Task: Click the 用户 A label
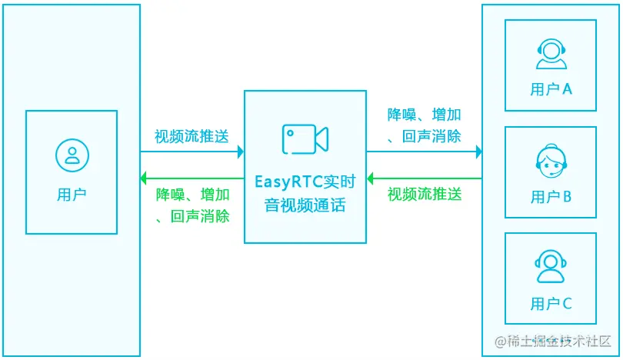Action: [x=551, y=89]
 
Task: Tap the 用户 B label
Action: [x=551, y=197]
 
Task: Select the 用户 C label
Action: [x=551, y=304]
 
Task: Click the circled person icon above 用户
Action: [x=72, y=154]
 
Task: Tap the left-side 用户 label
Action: [x=72, y=194]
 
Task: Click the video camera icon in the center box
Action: [x=305, y=139]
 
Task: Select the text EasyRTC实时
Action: [x=305, y=182]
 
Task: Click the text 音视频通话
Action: [x=305, y=205]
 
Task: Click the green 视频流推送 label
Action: [x=425, y=194]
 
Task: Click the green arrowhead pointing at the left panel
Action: [x=144, y=179]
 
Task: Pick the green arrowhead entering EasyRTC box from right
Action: [x=371, y=179]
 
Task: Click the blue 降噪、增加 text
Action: [x=424, y=115]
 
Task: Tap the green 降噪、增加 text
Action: [x=192, y=194]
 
